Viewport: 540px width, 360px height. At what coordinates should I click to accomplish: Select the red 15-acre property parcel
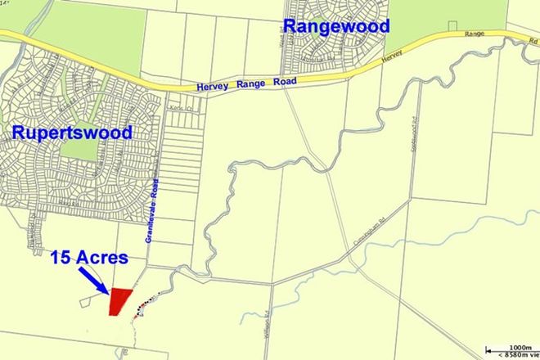coord(121,300)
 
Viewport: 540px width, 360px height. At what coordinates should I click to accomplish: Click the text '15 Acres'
coord(89,257)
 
